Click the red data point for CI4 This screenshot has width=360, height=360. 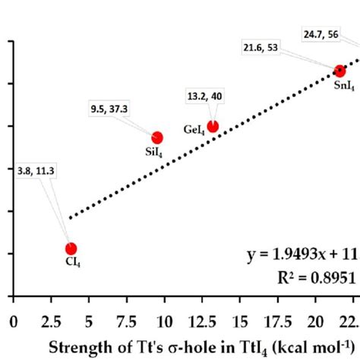71,248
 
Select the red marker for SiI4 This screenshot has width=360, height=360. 157,137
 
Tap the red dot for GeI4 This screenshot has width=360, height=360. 213,126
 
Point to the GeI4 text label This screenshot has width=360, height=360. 194,130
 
